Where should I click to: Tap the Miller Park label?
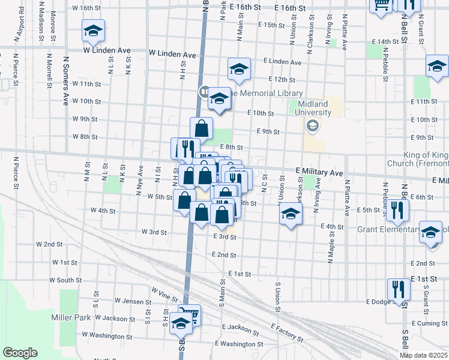point(71,317)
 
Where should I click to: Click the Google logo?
point(20,353)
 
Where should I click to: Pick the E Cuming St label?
point(428,323)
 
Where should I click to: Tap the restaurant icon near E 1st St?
point(398,290)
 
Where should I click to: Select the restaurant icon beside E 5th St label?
point(397,209)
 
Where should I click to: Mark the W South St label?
point(65,280)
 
